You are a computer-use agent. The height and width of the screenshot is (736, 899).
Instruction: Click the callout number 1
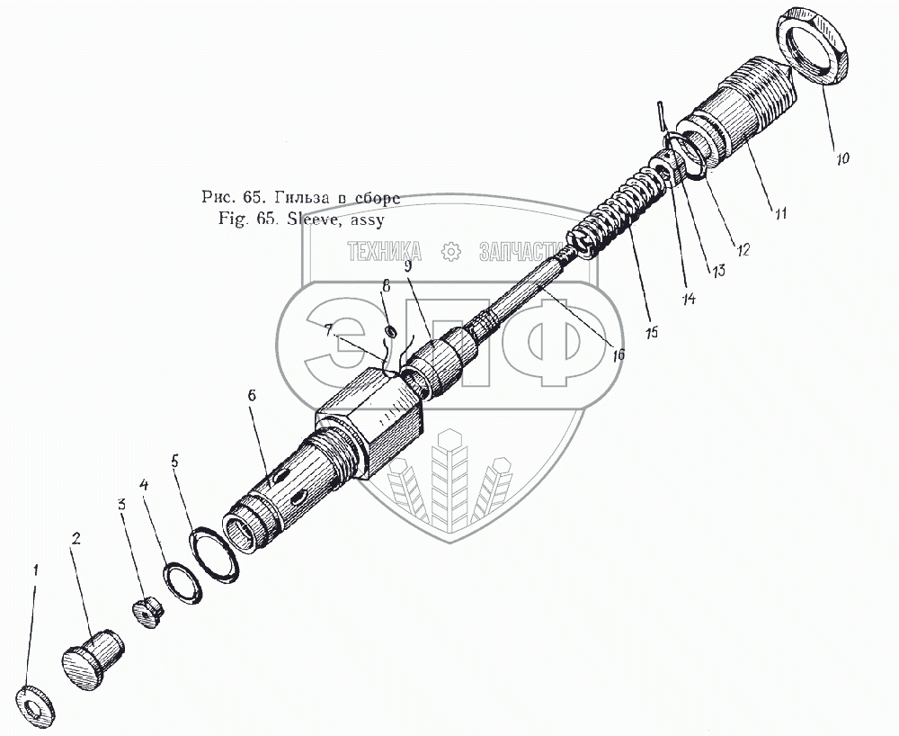click(x=36, y=570)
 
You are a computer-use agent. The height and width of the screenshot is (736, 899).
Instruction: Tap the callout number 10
click(x=841, y=157)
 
